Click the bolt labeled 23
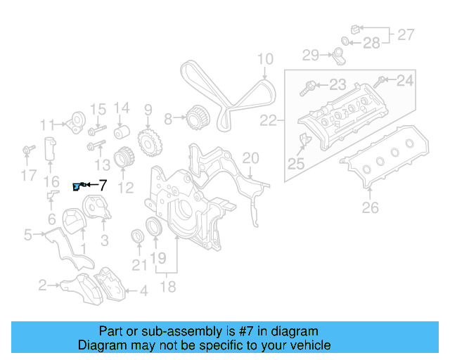click(x=309, y=87)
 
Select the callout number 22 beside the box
click(x=268, y=121)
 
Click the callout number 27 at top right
click(x=406, y=34)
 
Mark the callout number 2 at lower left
click(x=42, y=285)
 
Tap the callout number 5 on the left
click(x=27, y=234)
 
